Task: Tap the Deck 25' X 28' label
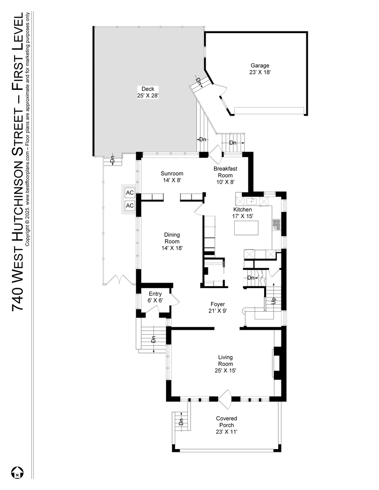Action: [148, 93]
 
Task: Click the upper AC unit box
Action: [130, 193]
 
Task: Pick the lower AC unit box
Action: [130, 206]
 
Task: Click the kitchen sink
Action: [252, 201]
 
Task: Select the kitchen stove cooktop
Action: [276, 223]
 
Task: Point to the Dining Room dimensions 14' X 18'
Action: [172, 248]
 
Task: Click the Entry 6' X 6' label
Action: [155, 297]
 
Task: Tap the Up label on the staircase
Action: [274, 301]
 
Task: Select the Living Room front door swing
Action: [225, 399]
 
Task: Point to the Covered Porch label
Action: [226, 421]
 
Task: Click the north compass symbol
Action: [18, 472]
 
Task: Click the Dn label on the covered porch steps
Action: [181, 422]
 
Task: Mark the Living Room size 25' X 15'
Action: [226, 371]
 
